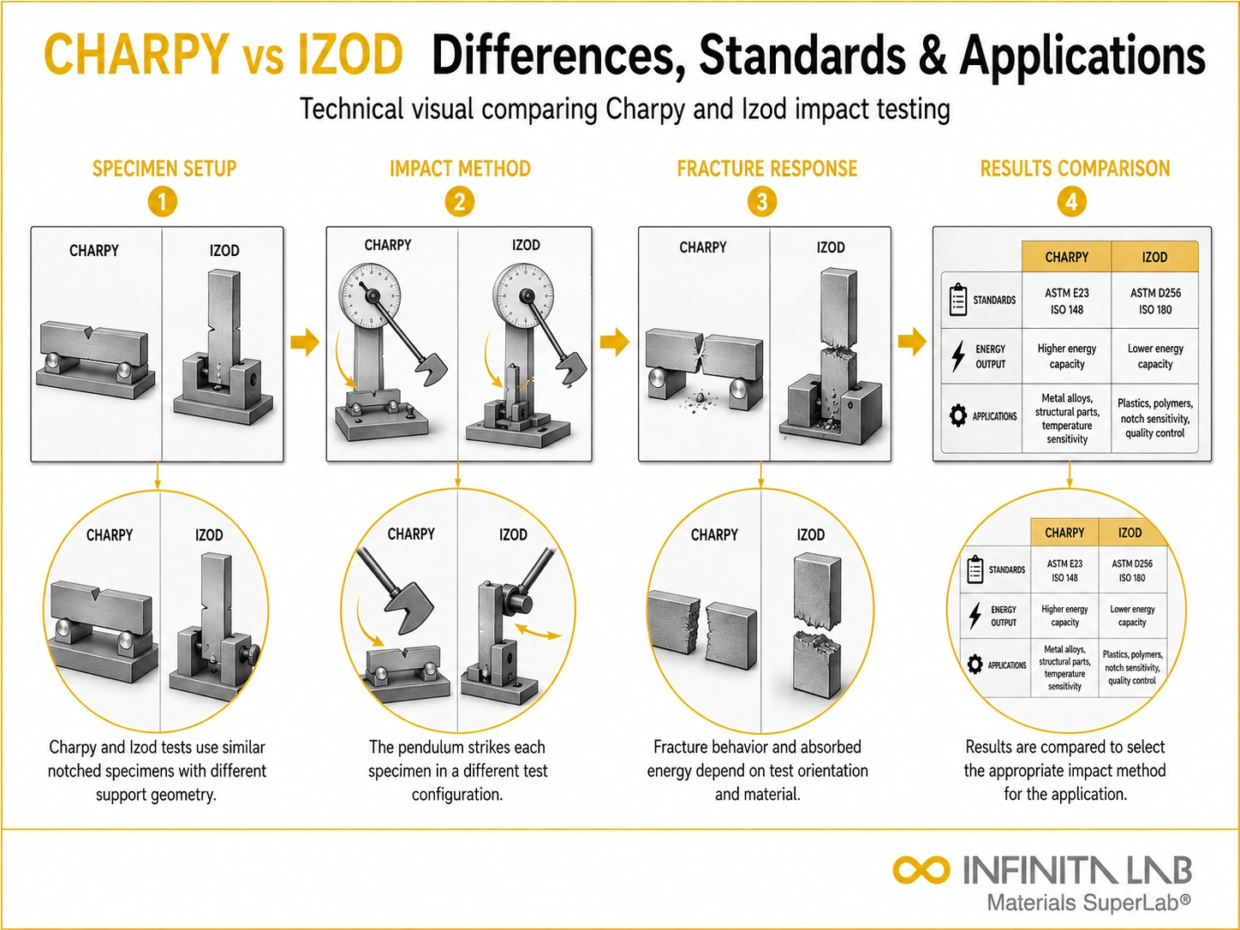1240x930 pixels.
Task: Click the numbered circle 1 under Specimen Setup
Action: click(163, 202)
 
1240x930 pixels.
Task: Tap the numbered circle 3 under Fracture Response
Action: click(761, 202)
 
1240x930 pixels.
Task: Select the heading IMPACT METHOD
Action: click(460, 169)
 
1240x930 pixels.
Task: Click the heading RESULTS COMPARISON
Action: click(1075, 169)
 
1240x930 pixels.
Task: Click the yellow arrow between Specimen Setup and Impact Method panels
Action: click(305, 342)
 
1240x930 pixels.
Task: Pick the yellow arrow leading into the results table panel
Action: click(912, 342)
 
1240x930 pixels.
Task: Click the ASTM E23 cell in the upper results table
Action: click(1066, 301)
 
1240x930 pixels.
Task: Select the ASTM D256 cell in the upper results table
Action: click(1155, 301)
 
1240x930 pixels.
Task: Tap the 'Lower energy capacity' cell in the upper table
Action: click(1155, 356)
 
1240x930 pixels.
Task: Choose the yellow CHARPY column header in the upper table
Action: click(1066, 257)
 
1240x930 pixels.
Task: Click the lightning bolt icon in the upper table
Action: click(958, 356)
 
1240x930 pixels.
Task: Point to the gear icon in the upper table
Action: click(958, 415)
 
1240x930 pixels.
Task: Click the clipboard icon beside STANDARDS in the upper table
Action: click(958, 300)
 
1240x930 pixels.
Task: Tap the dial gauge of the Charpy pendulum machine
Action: click(370, 295)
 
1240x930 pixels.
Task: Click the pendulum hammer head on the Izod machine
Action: click(572, 367)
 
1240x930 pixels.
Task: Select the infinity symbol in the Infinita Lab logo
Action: click(921, 869)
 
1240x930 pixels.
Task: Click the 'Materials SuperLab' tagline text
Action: click(1088, 903)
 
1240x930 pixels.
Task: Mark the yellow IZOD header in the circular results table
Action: click(1130, 533)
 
